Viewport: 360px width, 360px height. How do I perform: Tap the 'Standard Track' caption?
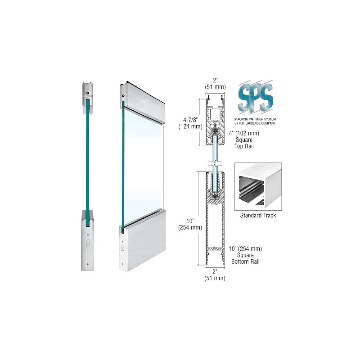click(258, 216)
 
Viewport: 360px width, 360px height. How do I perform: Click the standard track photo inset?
click(258, 187)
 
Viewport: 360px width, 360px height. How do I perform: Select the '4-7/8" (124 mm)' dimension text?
click(190, 123)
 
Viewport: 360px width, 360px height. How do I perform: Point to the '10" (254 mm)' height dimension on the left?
click(190, 224)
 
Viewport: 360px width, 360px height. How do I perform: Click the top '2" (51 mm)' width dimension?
click(215, 84)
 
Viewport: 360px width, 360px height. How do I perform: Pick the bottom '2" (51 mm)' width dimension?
click(215, 275)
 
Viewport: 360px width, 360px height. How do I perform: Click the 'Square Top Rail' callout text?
click(244, 139)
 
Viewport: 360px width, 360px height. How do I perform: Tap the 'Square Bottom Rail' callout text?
click(245, 255)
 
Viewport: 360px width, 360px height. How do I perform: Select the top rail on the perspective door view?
click(142, 101)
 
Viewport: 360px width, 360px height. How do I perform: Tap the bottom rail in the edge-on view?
click(87, 241)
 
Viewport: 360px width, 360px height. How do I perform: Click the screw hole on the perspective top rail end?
click(123, 96)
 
